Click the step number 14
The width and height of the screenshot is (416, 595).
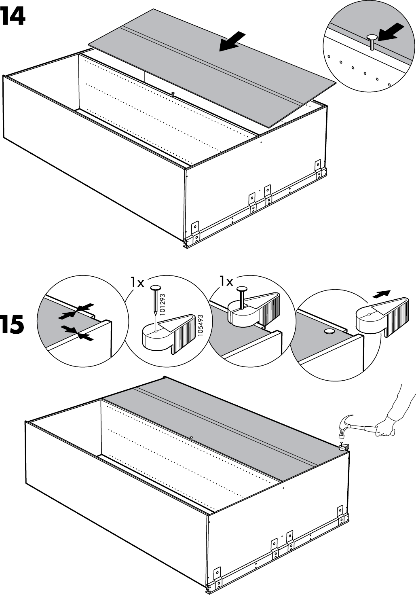click(13, 17)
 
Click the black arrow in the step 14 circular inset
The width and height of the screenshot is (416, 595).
click(391, 32)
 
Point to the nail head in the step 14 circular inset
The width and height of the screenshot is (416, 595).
click(372, 38)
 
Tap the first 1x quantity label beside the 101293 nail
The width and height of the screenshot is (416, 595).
click(137, 282)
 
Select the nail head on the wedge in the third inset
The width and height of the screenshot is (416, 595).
click(242, 289)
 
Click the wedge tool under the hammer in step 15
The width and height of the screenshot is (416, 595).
click(344, 446)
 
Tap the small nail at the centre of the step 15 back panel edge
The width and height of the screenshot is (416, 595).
click(190, 438)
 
